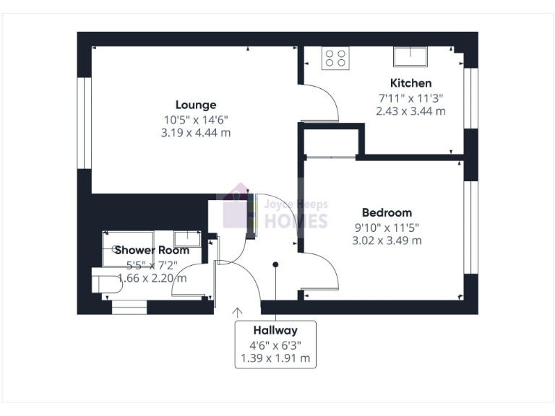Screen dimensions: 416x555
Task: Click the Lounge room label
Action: (x=195, y=105)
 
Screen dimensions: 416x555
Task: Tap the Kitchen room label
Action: (x=410, y=83)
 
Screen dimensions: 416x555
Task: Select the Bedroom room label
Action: (x=387, y=212)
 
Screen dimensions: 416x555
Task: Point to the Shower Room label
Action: (x=152, y=251)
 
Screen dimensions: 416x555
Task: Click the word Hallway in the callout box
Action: (x=275, y=330)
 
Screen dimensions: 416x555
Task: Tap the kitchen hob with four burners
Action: (x=335, y=58)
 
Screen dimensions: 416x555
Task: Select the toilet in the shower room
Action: (x=106, y=282)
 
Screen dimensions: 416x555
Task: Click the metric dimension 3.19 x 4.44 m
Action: (x=195, y=133)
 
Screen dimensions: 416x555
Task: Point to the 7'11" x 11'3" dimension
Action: (x=410, y=97)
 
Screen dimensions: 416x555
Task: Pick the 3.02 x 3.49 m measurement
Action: (x=387, y=240)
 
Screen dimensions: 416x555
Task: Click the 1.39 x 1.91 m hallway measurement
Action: (x=275, y=358)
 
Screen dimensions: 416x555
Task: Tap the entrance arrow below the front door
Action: (x=237, y=312)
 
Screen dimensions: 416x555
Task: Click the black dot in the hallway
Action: (x=275, y=264)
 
